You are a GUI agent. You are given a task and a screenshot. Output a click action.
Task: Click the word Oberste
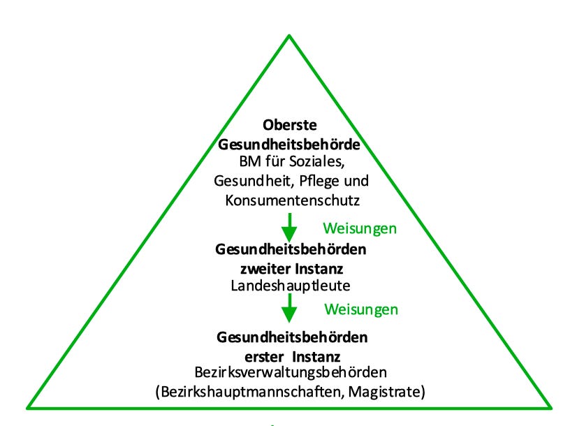coord(290,126)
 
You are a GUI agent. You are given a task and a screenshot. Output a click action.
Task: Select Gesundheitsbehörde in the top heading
coord(290,144)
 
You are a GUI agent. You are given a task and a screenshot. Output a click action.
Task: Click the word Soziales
coord(320,162)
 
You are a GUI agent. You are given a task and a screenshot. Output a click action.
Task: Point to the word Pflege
coord(321,180)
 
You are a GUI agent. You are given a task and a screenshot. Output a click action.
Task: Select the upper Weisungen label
coord(360,228)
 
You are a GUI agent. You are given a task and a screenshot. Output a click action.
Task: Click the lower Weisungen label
coord(360,309)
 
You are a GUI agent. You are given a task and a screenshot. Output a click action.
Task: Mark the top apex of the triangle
coord(289,35)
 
